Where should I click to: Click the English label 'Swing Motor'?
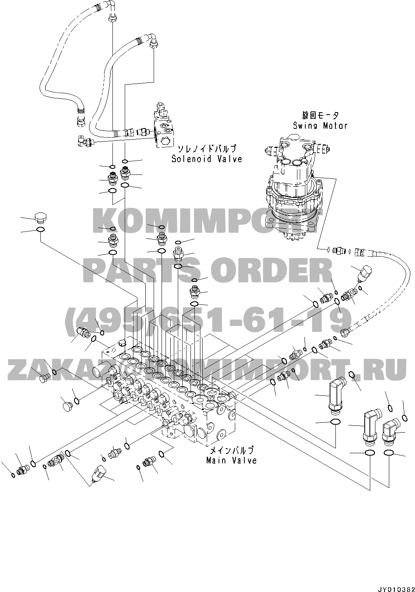(320, 126)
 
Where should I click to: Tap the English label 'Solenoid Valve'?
(206, 159)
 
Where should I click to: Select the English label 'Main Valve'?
(231, 460)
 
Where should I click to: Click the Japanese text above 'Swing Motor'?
(320, 115)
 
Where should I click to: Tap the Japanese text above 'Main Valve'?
(231, 450)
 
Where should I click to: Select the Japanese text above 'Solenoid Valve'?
(206, 149)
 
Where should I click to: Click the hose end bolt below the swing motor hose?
(346, 330)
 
